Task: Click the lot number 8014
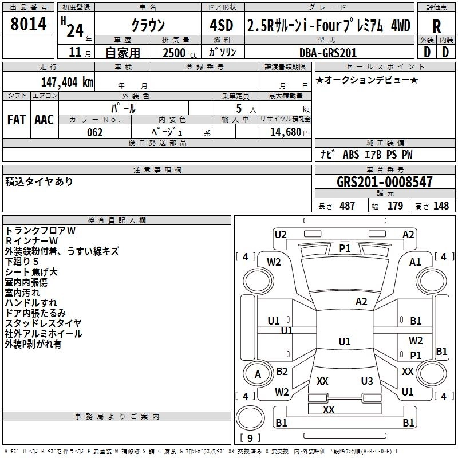click(x=28, y=24)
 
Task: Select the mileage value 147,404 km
click(x=67, y=82)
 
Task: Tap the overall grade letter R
click(x=436, y=26)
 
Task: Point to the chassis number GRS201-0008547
click(x=384, y=181)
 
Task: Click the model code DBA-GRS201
click(x=328, y=53)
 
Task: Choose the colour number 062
click(x=95, y=132)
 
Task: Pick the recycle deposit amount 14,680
click(x=286, y=132)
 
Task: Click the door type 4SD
click(x=222, y=25)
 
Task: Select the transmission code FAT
click(x=17, y=120)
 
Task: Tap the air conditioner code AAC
click(x=44, y=120)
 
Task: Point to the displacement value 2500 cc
click(x=180, y=53)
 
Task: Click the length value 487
click(x=348, y=206)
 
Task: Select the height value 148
click(x=441, y=206)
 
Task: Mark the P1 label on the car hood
click(x=345, y=248)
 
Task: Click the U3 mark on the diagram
click(x=367, y=381)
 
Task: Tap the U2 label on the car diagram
click(x=281, y=235)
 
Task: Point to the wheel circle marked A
click(x=258, y=374)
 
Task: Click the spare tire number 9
click(x=250, y=438)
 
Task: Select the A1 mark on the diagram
click(x=415, y=262)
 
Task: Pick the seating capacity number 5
click(x=239, y=108)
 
